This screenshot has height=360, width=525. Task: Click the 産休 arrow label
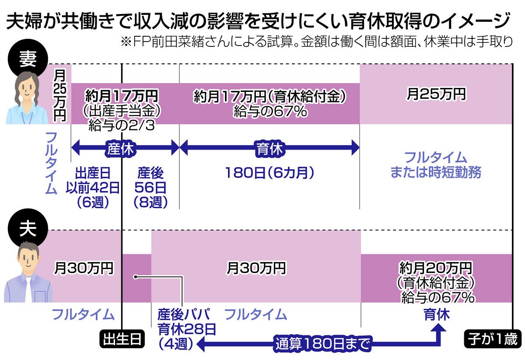tap(119, 148)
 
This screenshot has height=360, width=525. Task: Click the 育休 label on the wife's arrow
tap(269, 148)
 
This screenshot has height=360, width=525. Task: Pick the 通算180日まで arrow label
tap(323, 344)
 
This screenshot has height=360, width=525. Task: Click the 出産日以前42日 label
tap(92, 187)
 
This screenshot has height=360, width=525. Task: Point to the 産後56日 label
tap(151, 187)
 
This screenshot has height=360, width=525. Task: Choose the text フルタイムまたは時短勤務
tap(436, 165)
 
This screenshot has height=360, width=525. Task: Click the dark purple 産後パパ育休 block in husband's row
tap(136, 278)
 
